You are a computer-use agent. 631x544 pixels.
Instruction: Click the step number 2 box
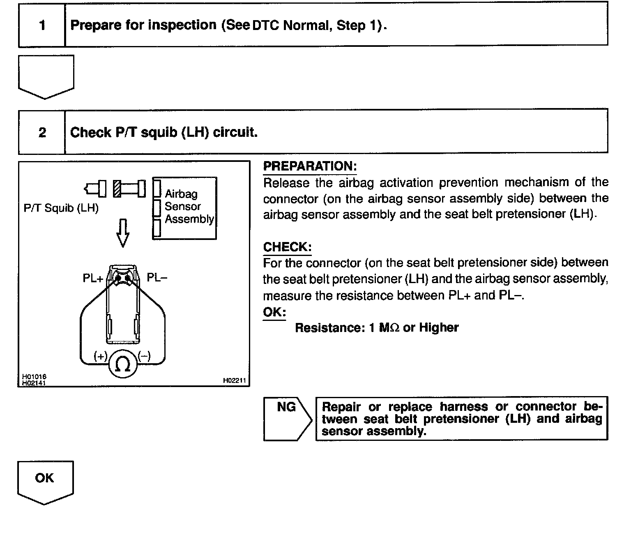pos(42,132)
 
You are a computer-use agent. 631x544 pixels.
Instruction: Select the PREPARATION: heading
pos(310,166)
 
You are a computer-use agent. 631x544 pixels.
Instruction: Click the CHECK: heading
pos(287,247)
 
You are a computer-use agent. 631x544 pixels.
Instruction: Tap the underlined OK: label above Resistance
pos(274,312)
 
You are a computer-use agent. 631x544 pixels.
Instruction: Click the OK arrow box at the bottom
pos(45,481)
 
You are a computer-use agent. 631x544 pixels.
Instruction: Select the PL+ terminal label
pos(93,278)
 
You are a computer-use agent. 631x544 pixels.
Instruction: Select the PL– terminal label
pos(157,278)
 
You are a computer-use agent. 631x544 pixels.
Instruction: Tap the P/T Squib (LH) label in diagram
pos(61,208)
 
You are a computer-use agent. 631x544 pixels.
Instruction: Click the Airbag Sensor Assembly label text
pos(189,206)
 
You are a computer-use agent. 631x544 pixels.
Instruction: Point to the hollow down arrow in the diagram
pos(122,233)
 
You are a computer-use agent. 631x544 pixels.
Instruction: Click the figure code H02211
pos(234,381)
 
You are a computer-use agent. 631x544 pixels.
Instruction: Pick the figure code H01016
pos(34,376)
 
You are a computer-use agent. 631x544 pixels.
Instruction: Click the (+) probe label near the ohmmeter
pos(101,356)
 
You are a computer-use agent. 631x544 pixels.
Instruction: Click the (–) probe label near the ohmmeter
pos(144,356)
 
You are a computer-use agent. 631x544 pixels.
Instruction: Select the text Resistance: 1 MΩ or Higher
pos(377,327)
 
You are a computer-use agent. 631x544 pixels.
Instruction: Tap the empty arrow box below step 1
pos(46,76)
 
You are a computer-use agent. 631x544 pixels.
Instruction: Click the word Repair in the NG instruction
pos(341,407)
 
